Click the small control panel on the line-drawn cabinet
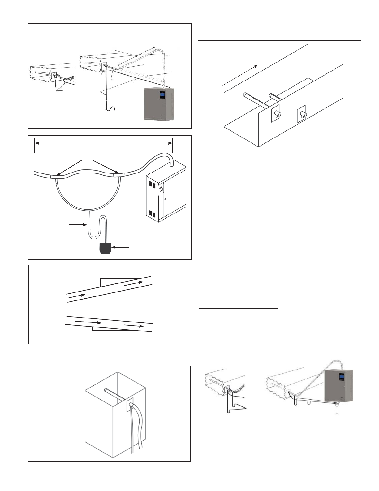[161, 190]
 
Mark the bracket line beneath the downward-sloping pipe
[113, 330]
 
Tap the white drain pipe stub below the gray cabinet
[337, 409]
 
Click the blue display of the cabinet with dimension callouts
[161, 94]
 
